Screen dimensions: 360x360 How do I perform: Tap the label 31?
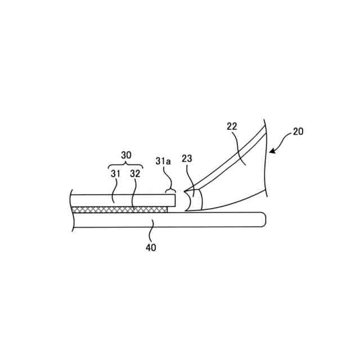pyautogui.click(x=115, y=174)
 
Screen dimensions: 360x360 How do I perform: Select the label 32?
pyautogui.click(x=135, y=174)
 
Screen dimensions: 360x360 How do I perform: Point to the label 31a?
pyautogui.click(x=163, y=161)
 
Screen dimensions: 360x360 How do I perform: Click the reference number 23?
pyautogui.click(x=187, y=159)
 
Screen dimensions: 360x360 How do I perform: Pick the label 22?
pyautogui.click(x=232, y=127)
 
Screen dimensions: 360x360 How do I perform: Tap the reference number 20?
pyautogui.click(x=298, y=132)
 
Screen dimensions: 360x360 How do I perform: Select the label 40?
pyautogui.click(x=151, y=247)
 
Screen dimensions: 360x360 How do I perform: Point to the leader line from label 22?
pyautogui.click(x=241, y=149)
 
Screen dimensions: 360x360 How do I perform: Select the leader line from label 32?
pyautogui.click(x=133, y=194)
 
